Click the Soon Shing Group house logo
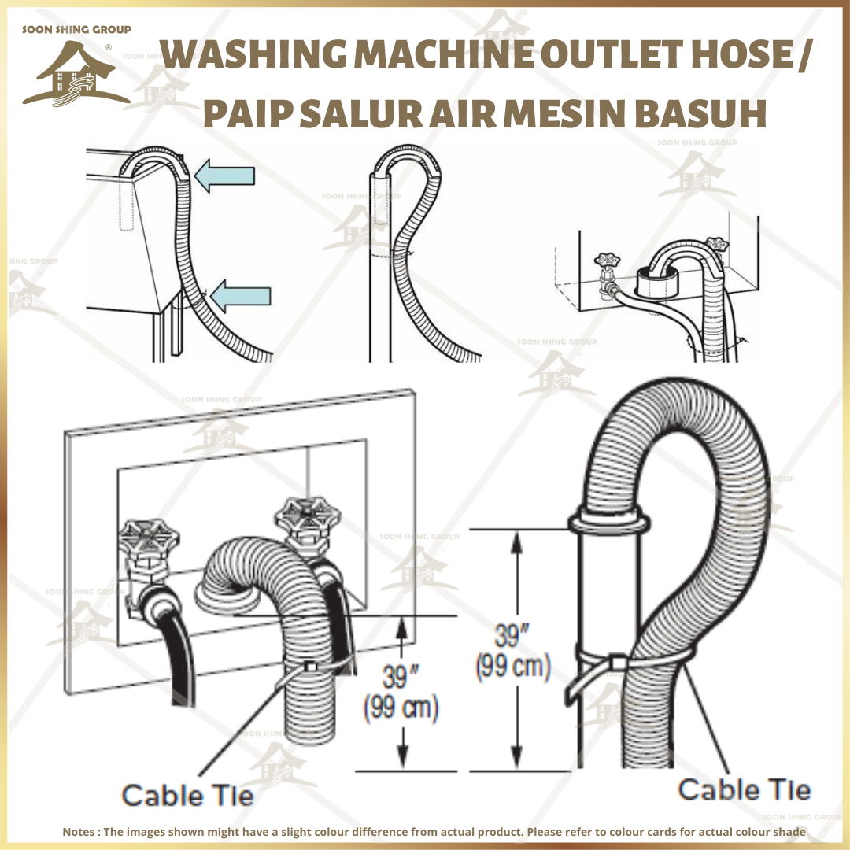click(76, 75)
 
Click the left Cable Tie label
click(187, 795)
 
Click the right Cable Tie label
click(744, 789)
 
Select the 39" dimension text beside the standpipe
click(512, 634)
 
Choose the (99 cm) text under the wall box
click(400, 709)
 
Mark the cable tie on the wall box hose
click(310, 667)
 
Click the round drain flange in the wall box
click(227, 603)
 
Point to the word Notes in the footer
click(80, 832)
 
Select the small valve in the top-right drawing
click(607, 272)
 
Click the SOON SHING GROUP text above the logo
click(76, 30)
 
